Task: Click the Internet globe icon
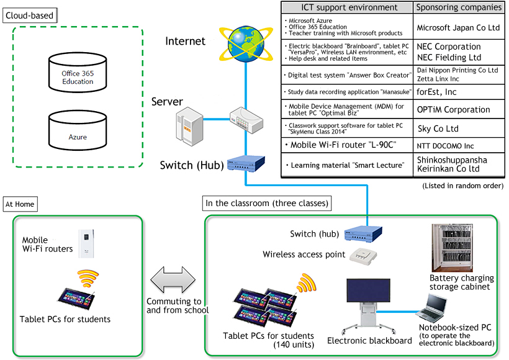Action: click(246, 41)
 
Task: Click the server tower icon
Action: click(187, 124)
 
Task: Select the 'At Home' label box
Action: click(20, 204)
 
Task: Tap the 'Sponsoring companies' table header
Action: click(459, 7)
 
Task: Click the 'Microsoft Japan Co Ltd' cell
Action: click(459, 28)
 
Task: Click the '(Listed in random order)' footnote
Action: click(462, 186)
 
